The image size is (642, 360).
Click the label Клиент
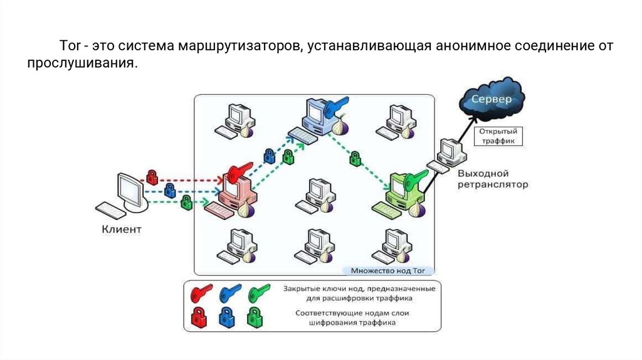coord(122,230)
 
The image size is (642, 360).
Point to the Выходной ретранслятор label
coord(492,179)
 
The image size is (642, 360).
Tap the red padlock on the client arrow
coord(152,175)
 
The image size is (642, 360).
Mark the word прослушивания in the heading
coord(81,63)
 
